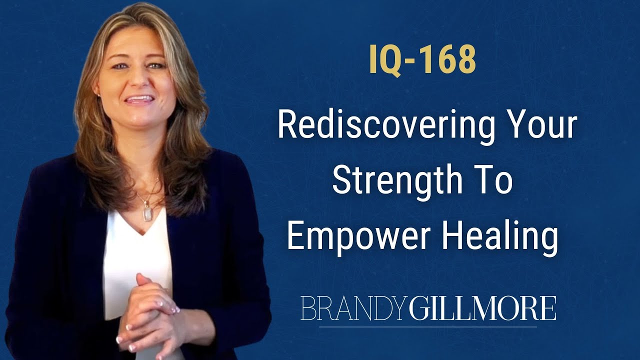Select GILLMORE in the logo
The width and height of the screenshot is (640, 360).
(482, 308)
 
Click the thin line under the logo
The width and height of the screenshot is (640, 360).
(427, 326)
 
